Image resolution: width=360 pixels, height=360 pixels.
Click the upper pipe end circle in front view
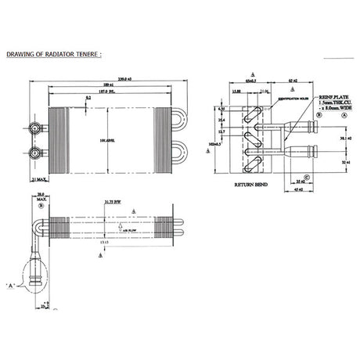pyautogui.click(x=35, y=126)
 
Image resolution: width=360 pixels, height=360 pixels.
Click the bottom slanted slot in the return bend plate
pyautogui.click(x=252, y=162)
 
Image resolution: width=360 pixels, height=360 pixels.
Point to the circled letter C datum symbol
pyautogui.click(x=308, y=178)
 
